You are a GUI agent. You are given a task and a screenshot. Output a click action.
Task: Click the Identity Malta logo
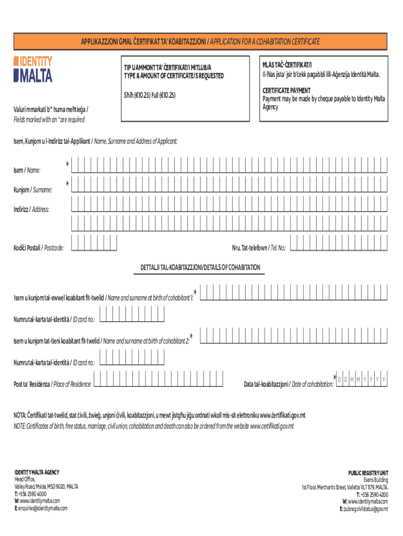[33, 70]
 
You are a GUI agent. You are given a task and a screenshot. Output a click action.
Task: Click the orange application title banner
[200, 41]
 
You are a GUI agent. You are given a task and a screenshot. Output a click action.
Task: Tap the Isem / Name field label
[27, 170]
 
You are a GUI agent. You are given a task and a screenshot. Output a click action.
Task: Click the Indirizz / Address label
[31, 209]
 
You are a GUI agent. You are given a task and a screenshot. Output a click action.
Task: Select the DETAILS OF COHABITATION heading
[200, 267]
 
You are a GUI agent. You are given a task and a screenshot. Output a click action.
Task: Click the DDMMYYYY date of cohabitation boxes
[362, 379]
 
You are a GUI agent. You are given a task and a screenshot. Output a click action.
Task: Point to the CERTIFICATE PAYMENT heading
[286, 91]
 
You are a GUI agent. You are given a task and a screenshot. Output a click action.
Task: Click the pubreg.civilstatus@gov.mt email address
[363, 508]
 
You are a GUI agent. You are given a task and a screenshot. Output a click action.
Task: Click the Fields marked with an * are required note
[49, 120]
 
